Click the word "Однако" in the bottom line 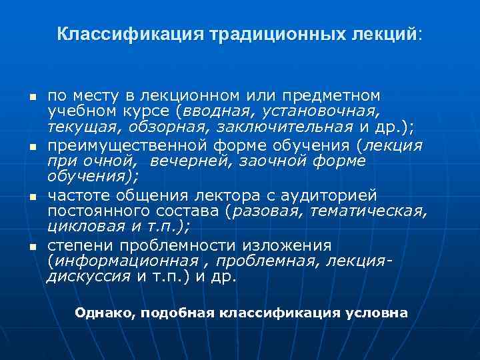(x=103, y=313)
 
